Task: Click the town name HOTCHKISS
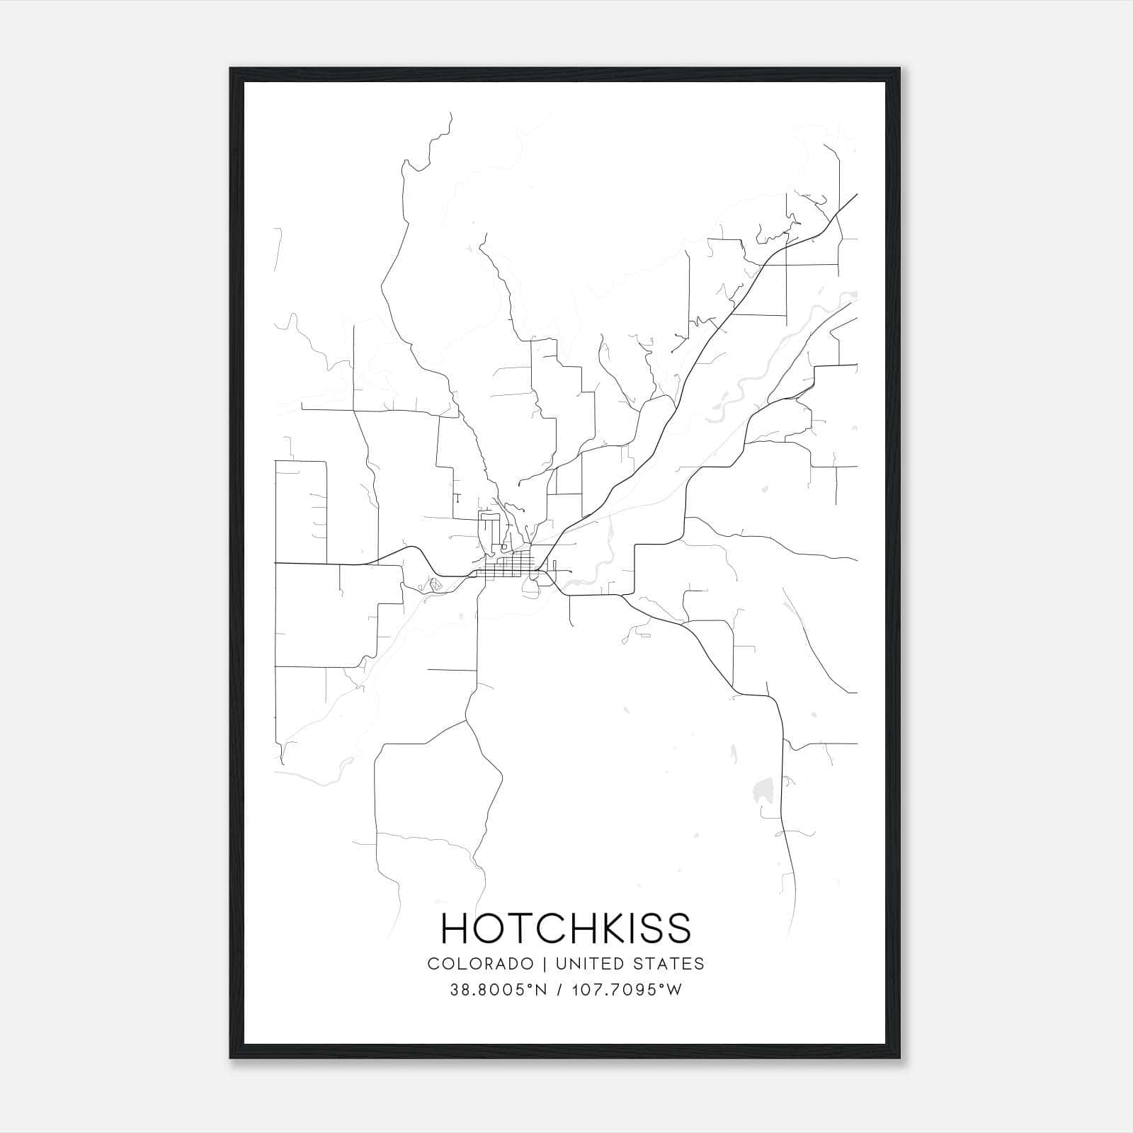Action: pos(566,928)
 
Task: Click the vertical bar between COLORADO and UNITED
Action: pos(545,964)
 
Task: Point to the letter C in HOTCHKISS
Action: pos(557,928)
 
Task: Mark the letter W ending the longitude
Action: pos(674,990)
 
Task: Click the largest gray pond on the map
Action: pos(764,787)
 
